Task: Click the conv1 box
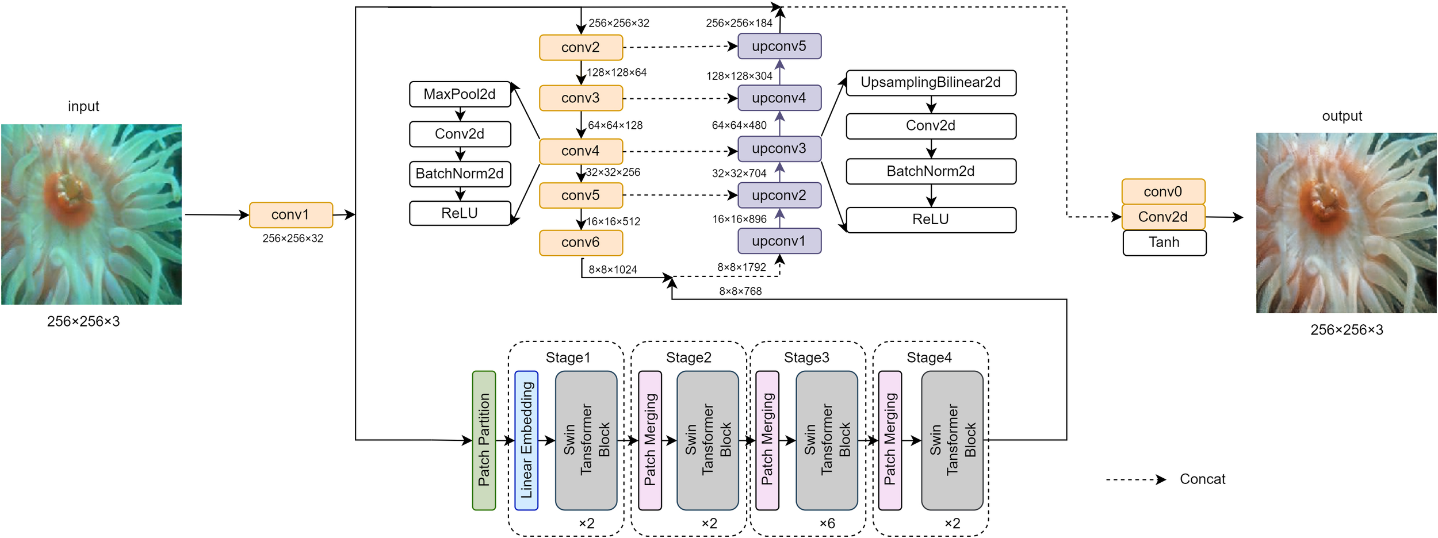tap(290, 215)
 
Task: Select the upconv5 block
tap(779, 47)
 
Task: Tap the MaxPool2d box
tap(460, 94)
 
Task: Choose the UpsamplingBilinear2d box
tap(931, 83)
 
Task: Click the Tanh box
tap(1164, 243)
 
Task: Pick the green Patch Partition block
tap(484, 440)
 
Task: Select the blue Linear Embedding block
tap(526, 440)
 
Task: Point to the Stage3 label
tap(806, 358)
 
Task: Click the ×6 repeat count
tap(827, 524)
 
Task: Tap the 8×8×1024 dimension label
tap(613, 270)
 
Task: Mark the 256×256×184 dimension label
tap(739, 23)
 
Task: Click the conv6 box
tap(580, 243)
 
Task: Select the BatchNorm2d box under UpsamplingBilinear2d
tap(931, 171)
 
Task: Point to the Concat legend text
tap(1202, 479)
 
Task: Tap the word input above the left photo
tap(83, 106)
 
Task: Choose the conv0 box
tap(1162, 192)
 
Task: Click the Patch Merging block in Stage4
tap(890, 440)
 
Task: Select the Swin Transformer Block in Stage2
tap(707, 440)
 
